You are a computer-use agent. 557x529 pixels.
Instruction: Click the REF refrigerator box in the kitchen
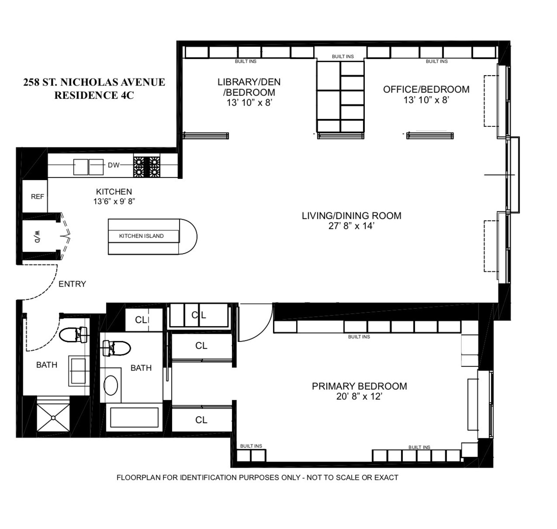[x=37, y=196]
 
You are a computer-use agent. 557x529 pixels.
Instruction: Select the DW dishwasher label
[x=114, y=165]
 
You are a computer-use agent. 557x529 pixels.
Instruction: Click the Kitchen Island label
[x=141, y=236]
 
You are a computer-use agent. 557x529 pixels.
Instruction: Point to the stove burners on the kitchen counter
[x=147, y=167]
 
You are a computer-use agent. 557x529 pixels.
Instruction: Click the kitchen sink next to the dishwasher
[x=88, y=167]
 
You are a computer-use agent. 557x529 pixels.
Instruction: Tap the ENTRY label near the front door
[x=72, y=284]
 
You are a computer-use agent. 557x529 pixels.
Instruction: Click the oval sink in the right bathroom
[x=110, y=385]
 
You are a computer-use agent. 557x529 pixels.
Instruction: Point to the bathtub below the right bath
[x=134, y=418]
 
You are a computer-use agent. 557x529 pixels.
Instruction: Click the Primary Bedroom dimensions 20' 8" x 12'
[x=359, y=397]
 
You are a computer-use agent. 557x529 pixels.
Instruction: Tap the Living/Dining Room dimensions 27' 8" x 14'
[x=351, y=226]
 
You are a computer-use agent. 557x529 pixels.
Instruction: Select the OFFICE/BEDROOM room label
[x=426, y=89]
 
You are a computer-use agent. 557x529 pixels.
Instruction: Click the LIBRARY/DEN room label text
[x=249, y=82]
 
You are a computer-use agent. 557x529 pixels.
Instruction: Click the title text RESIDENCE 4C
[x=94, y=96]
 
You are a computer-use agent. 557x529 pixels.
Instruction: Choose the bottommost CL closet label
[x=201, y=420]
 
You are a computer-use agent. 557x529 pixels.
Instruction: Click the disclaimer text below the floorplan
[x=257, y=477]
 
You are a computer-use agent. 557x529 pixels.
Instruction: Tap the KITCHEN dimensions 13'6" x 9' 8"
[x=114, y=202]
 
